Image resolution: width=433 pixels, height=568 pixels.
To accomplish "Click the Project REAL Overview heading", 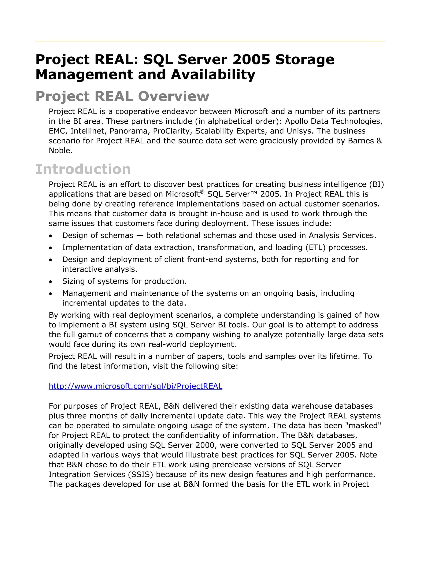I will pos(122,96).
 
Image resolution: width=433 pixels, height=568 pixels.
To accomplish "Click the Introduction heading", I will pos(83,169).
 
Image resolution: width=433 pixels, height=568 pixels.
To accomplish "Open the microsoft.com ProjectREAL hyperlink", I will pos(135,386).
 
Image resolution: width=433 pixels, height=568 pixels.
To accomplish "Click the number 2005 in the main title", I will pos(251,60).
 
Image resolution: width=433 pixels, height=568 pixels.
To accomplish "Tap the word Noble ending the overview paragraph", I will pos(60,151).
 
